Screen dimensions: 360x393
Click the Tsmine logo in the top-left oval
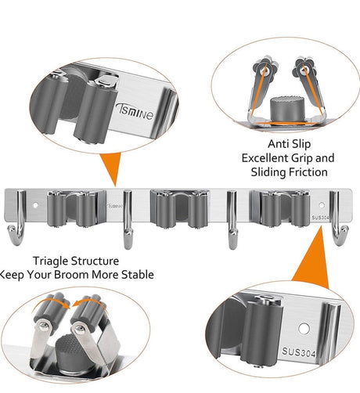click(x=135, y=111)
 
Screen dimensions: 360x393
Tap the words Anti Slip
click(x=289, y=144)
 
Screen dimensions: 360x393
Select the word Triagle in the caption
click(x=50, y=261)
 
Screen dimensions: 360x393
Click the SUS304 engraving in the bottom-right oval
click(x=299, y=352)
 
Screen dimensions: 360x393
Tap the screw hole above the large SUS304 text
click(x=304, y=329)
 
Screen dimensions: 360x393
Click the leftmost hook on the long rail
click(x=17, y=218)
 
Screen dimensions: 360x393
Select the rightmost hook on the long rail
click(x=338, y=218)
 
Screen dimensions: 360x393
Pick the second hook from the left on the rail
click(x=128, y=220)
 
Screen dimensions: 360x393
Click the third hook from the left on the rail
click(x=232, y=220)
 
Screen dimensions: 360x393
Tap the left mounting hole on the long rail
click(x=35, y=205)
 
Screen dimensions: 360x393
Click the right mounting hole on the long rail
click(x=322, y=205)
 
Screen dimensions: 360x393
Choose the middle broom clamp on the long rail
click(x=179, y=209)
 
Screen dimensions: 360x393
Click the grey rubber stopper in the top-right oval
click(x=287, y=110)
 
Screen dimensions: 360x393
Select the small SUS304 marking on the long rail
click(x=321, y=218)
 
